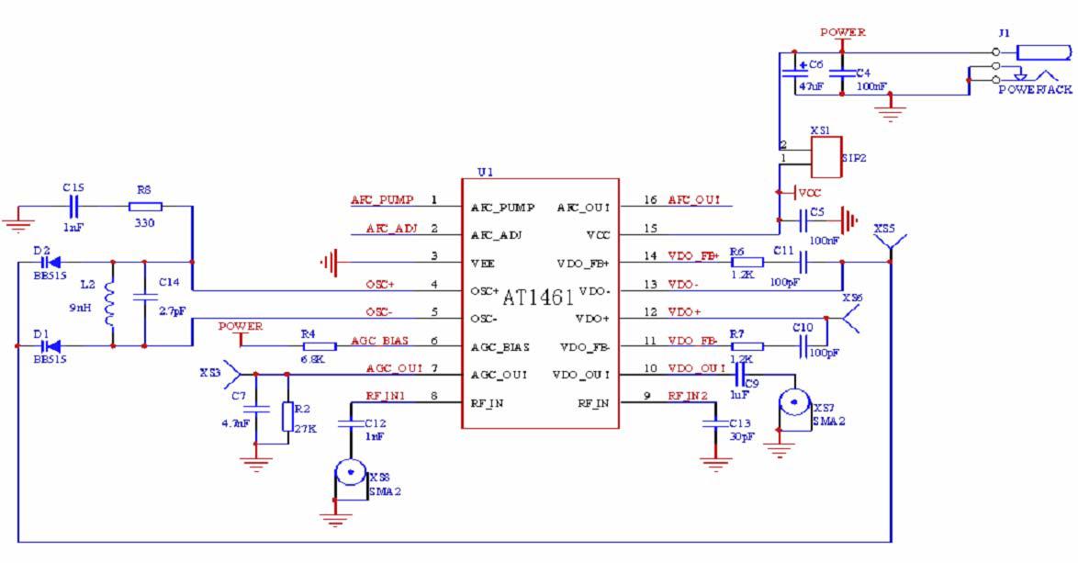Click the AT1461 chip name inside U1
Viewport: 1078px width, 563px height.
pos(538,298)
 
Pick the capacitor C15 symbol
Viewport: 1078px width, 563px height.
pos(74,207)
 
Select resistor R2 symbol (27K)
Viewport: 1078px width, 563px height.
pos(287,415)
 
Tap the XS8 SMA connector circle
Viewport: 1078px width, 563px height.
pos(349,474)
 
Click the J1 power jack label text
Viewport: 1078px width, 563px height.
pos(1035,90)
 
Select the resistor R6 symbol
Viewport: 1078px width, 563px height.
pos(746,262)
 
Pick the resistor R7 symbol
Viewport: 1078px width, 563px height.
pos(746,346)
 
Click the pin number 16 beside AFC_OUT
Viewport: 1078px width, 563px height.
pos(653,200)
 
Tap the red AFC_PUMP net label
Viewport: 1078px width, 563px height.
pos(382,200)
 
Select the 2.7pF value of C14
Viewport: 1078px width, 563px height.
pos(173,312)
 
